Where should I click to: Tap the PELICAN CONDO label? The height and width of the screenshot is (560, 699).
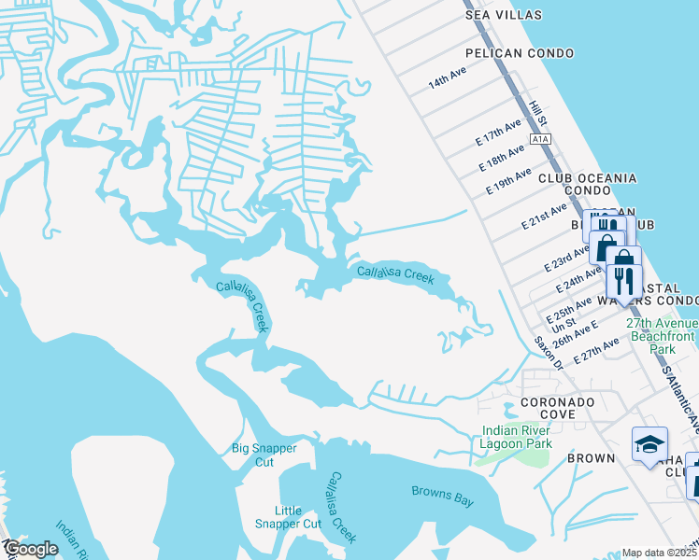[x=519, y=54]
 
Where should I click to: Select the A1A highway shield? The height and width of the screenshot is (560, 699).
[x=539, y=139]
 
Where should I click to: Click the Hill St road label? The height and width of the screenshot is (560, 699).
[x=535, y=115]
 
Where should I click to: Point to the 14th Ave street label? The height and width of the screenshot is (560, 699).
[x=447, y=82]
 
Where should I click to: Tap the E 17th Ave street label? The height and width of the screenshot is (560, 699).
[x=498, y=133]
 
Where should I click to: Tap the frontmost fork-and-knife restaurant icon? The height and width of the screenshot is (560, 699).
[x=621, y=278]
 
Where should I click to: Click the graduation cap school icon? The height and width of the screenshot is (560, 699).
[x=649, y=445]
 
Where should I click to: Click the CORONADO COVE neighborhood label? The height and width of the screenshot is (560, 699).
[x=545, y=409]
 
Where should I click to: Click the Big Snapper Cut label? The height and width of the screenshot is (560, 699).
[x=264, y=455]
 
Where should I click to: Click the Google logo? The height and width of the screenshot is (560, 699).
[x=31, y=550]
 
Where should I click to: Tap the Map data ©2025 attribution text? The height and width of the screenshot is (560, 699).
[x=660, y=553]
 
